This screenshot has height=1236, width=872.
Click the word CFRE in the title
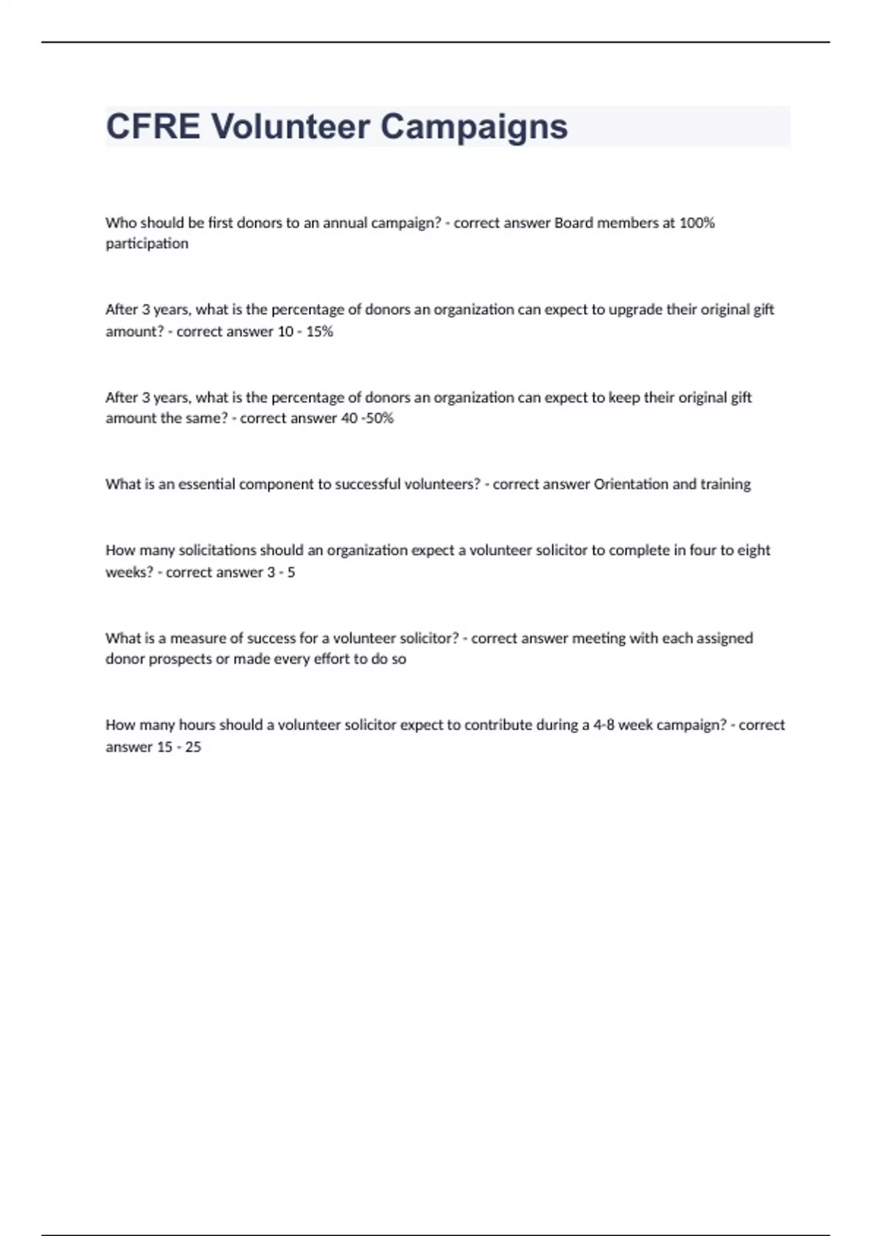(x=153, y=127)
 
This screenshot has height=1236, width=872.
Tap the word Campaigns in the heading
(x=474, y=127)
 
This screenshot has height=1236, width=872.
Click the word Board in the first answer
(x=573, y=222)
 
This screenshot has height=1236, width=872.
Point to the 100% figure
(x=697, y=222)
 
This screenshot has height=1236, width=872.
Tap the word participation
(x=147, y=244)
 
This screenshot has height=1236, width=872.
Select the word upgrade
(x=635, y=310)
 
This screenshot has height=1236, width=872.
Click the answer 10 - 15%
(x=305, y=332)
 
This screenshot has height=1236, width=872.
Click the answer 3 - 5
(x=281, y=572)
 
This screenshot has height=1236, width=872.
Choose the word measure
(x=198, y=638)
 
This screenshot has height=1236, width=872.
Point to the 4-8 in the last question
(x=604, y=725)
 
